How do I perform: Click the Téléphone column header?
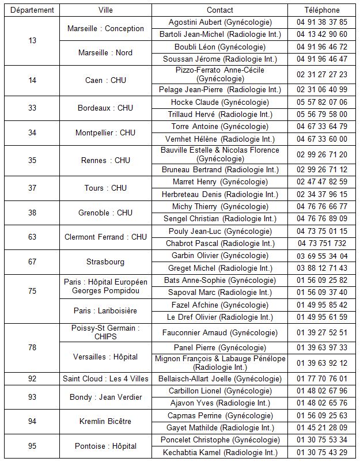tap(322, 10)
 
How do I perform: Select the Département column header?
tap(32, 10)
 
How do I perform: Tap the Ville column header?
tap(105, 10)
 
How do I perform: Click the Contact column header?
tap(220, 10)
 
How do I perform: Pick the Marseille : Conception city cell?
tap(105, 28)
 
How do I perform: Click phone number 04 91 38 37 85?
tap(322, 22)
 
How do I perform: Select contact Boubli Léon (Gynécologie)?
tap(220, 47)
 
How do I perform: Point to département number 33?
tap(32, 108)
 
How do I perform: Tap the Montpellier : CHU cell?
tap(105, 132)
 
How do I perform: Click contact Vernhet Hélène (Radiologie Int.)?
tap(220, 139)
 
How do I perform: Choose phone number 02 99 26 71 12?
tap(322, 170)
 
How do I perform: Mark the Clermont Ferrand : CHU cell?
tap(105, 237)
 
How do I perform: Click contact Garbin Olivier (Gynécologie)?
tap(220, 256)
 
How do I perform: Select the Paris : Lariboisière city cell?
tap(105, 310)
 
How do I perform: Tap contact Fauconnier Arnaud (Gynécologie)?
tap(220, 332)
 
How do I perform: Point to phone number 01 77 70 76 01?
tap(322, 378)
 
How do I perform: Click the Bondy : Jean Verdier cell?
tap(105, 397)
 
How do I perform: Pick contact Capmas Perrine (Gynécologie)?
tap(220, 415)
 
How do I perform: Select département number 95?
tap(32, 446)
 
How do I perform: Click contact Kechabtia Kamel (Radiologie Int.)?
tap(220, 452)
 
